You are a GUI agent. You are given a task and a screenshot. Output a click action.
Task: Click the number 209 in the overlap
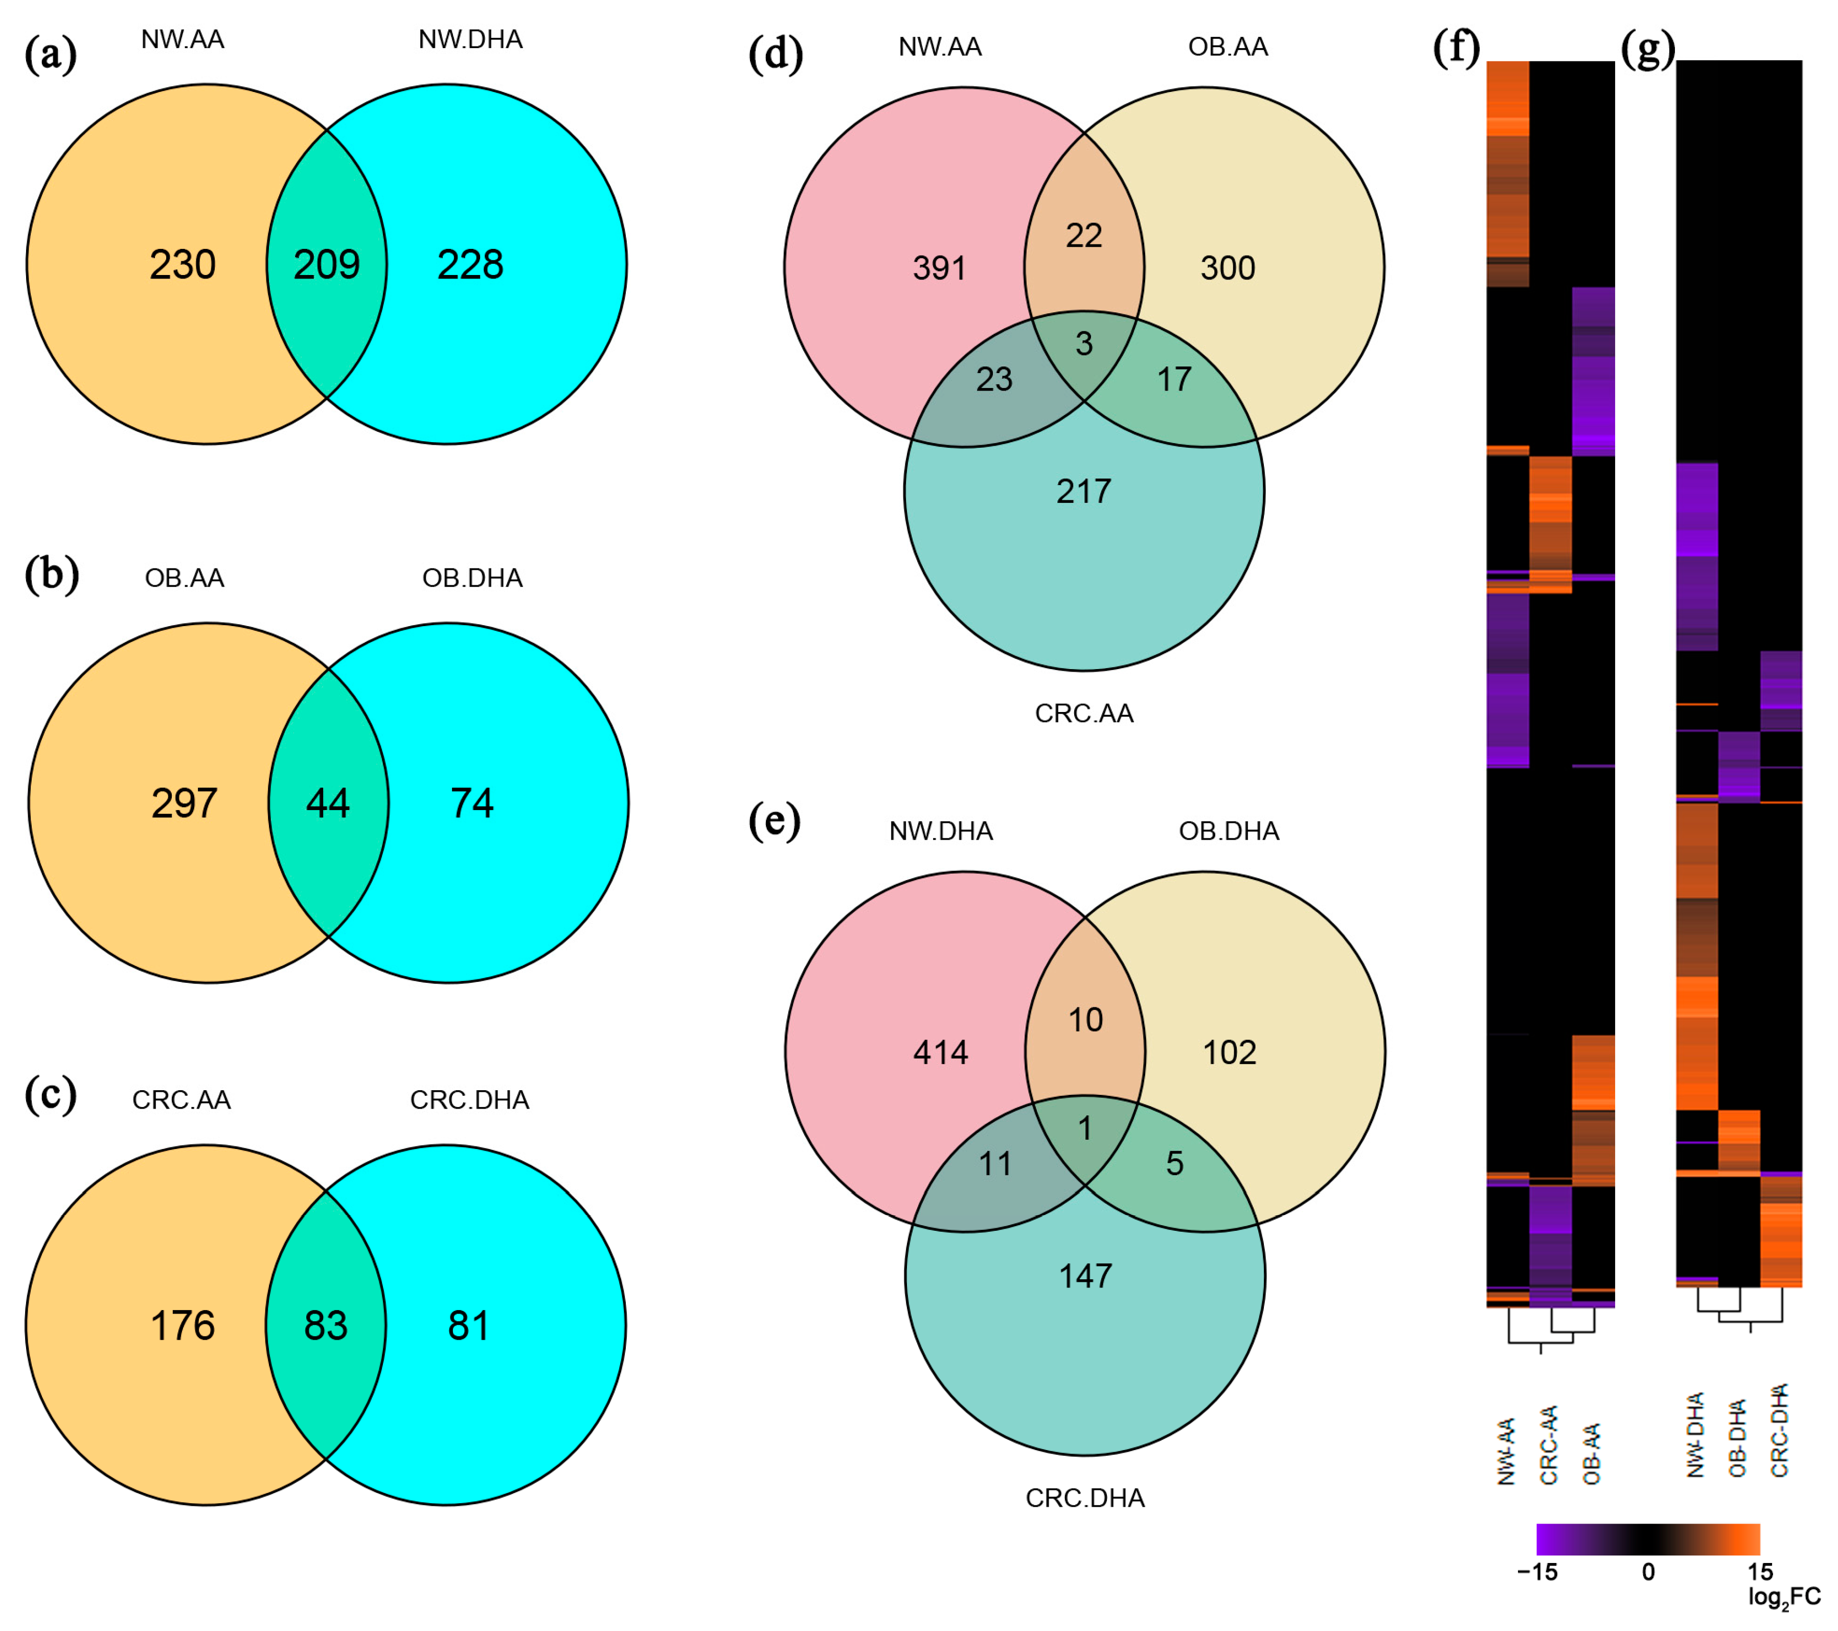(326, 264)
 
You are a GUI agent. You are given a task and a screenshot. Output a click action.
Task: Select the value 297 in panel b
(185, 803)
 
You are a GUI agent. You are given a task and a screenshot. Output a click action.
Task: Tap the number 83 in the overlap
(326, 1325)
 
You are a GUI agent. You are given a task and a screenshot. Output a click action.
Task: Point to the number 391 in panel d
(940, 268)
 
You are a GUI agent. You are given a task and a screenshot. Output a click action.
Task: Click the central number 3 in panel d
(1084, 343)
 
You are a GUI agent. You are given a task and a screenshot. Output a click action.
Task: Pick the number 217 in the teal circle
(1084, 492)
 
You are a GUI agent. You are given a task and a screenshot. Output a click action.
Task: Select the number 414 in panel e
(941, 1052)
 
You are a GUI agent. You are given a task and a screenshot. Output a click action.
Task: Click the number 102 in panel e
(1229, 1052)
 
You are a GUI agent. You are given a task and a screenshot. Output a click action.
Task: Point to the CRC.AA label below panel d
(1084, 713)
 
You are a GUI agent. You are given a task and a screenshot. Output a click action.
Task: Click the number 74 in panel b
(472, 803)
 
